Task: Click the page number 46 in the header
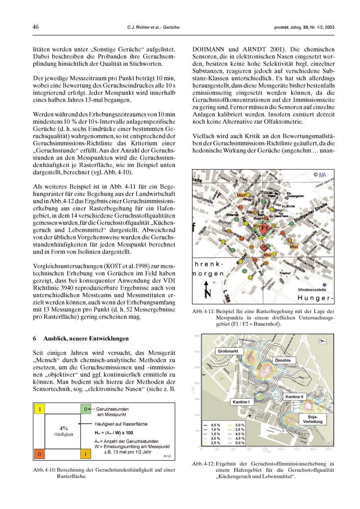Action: (x=36, y=27)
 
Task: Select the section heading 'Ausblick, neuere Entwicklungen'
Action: (x=86, y=339)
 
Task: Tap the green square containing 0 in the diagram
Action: (x=85, y=409)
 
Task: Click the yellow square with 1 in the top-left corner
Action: (x=39, y=409)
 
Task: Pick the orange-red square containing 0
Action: (x=39, y=454)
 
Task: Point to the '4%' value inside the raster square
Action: (x=64, y=428)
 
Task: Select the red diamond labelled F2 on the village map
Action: (x=264, y=248)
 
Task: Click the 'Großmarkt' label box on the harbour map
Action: (x=228, y=351)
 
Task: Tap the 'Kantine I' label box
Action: (x=241, y=401)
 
